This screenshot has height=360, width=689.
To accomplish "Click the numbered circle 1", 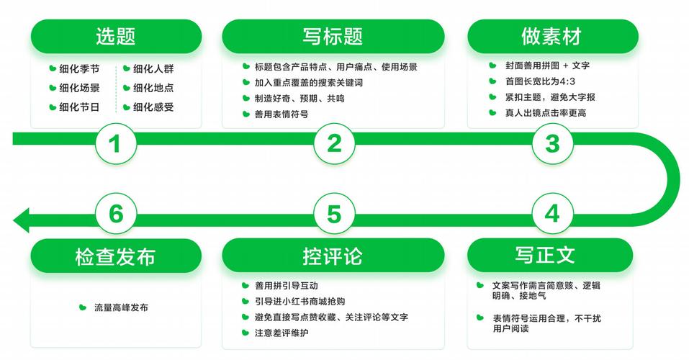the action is [116, 144].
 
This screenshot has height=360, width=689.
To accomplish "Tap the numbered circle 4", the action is [552, 214].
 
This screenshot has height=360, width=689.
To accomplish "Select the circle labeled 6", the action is [116, 214].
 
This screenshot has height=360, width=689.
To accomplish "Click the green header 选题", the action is [116, 37].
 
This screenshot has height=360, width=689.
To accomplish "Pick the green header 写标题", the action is [333, 37].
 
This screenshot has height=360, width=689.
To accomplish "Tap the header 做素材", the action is [552, 37].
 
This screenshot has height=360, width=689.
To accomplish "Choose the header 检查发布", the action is [116, 256].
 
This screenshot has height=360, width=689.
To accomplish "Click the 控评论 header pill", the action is [333, 256].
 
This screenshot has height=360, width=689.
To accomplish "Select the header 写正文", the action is [550, 256].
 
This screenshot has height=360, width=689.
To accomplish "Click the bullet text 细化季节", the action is [79, 68].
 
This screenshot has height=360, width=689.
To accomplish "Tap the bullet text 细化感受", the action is [153, 107].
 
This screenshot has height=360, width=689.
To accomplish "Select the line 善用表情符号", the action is [282, 114].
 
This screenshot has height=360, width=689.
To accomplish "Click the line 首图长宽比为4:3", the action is [540, 81].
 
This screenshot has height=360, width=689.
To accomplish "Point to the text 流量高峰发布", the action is [121, 307].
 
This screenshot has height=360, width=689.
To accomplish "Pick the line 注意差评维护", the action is [282, 333].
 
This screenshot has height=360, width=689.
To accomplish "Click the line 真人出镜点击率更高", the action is [545, 113].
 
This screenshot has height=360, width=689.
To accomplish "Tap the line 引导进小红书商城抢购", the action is [300, 302].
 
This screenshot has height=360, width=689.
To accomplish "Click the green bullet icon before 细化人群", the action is [127, 68].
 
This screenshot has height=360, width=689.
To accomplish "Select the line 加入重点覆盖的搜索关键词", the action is [309, 83].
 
